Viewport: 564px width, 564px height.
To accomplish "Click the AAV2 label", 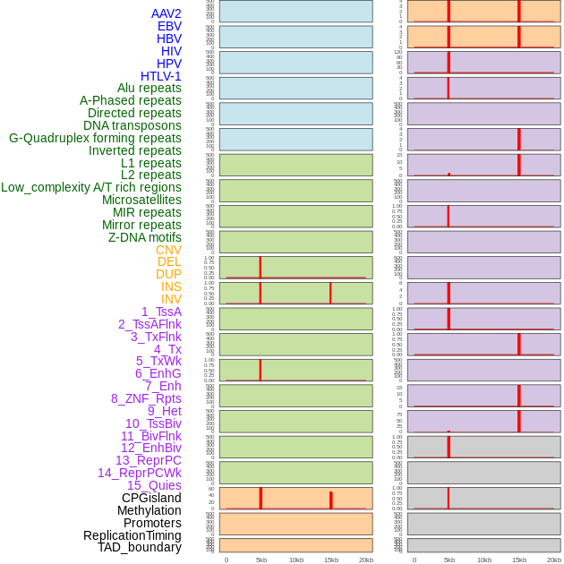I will tap(166, 13).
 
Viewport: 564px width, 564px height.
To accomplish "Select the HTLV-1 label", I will tap(160, 76).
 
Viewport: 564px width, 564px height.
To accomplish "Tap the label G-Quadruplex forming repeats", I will tap(95, 138).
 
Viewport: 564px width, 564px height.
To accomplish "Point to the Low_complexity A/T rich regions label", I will tap(91, 187).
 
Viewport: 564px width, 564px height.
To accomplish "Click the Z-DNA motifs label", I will tap(145, 237).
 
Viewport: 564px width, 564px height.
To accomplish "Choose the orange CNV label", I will tap(168, 250).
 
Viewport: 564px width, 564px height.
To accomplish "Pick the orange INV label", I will tap(171, 299).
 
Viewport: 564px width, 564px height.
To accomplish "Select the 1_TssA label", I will tap(161, 312).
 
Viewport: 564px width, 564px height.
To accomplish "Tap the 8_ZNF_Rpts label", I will tap(146, 398).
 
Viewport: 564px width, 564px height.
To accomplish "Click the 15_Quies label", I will tap(154, 485).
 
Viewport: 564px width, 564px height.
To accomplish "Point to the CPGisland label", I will tap(151, 498).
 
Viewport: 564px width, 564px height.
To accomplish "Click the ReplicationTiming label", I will tap(132, 535).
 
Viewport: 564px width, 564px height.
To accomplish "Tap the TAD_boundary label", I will tap(139, 547).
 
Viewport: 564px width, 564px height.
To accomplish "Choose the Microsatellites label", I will tap(141, 200).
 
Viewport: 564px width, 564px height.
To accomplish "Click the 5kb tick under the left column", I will tap(261, 560).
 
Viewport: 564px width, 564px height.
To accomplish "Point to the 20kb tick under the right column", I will tap(554, 560).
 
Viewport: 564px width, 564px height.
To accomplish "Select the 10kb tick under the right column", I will tap(484, 560).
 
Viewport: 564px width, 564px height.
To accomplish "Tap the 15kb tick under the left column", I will tap(331, 560).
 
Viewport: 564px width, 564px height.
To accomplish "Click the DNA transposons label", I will tap(132, 125).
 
